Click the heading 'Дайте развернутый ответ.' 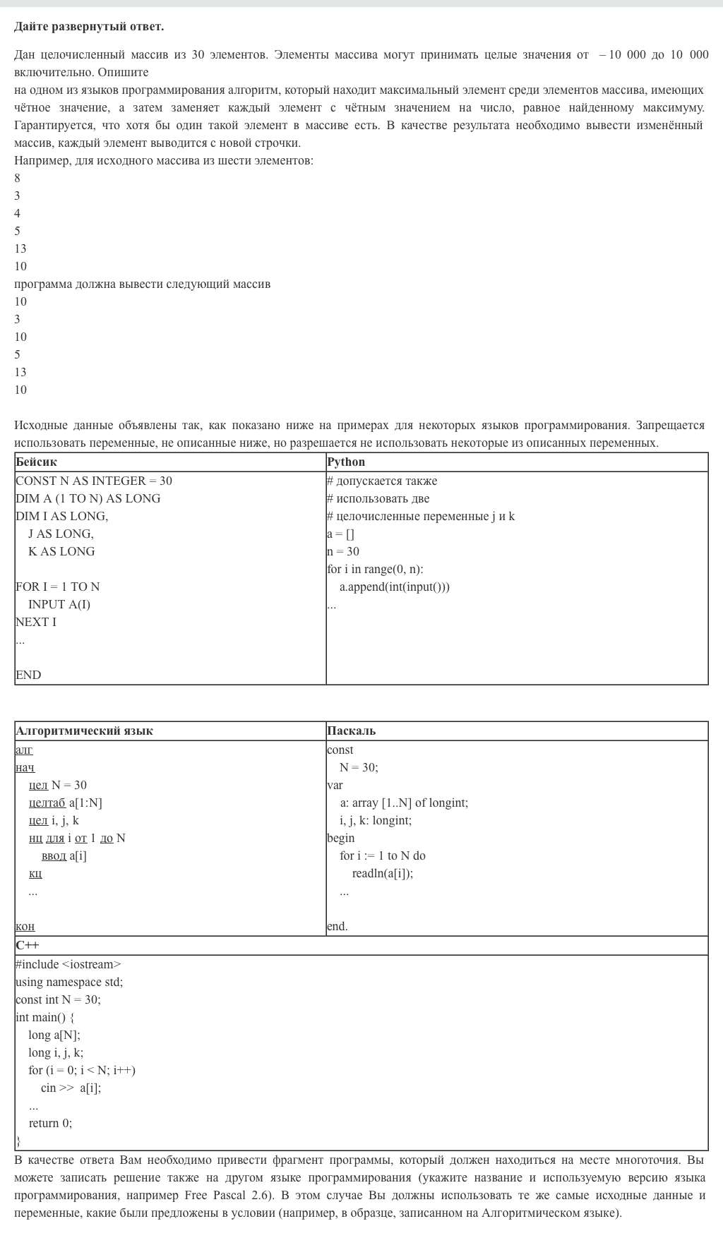[x=89, y=27]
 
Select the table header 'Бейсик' [x=36, y=462]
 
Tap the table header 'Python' [x=346, y=462]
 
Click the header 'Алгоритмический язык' [x=84, y=731]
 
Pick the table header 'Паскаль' [x=351, y=731]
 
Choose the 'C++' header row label [x=28, y=945]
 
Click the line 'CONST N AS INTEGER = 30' [x=94, y=481]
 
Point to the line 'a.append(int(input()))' [x=394, y=587]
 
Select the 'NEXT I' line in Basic [x=36, y=622]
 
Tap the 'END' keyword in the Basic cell [x=28, y=675]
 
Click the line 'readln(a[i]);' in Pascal [x=383, y=873]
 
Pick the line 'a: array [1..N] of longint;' [x=404, y=803]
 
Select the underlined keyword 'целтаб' [x=47, y=803]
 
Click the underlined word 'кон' [x=25, y=926]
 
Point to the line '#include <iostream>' [x=68, y=964]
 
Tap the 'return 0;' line [x=50, y=1123]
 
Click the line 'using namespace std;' [x=69, y=982]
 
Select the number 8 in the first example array [x=18, y=178]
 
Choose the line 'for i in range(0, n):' [x=375, y=569]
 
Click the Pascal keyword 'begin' [x=341, y=838]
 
